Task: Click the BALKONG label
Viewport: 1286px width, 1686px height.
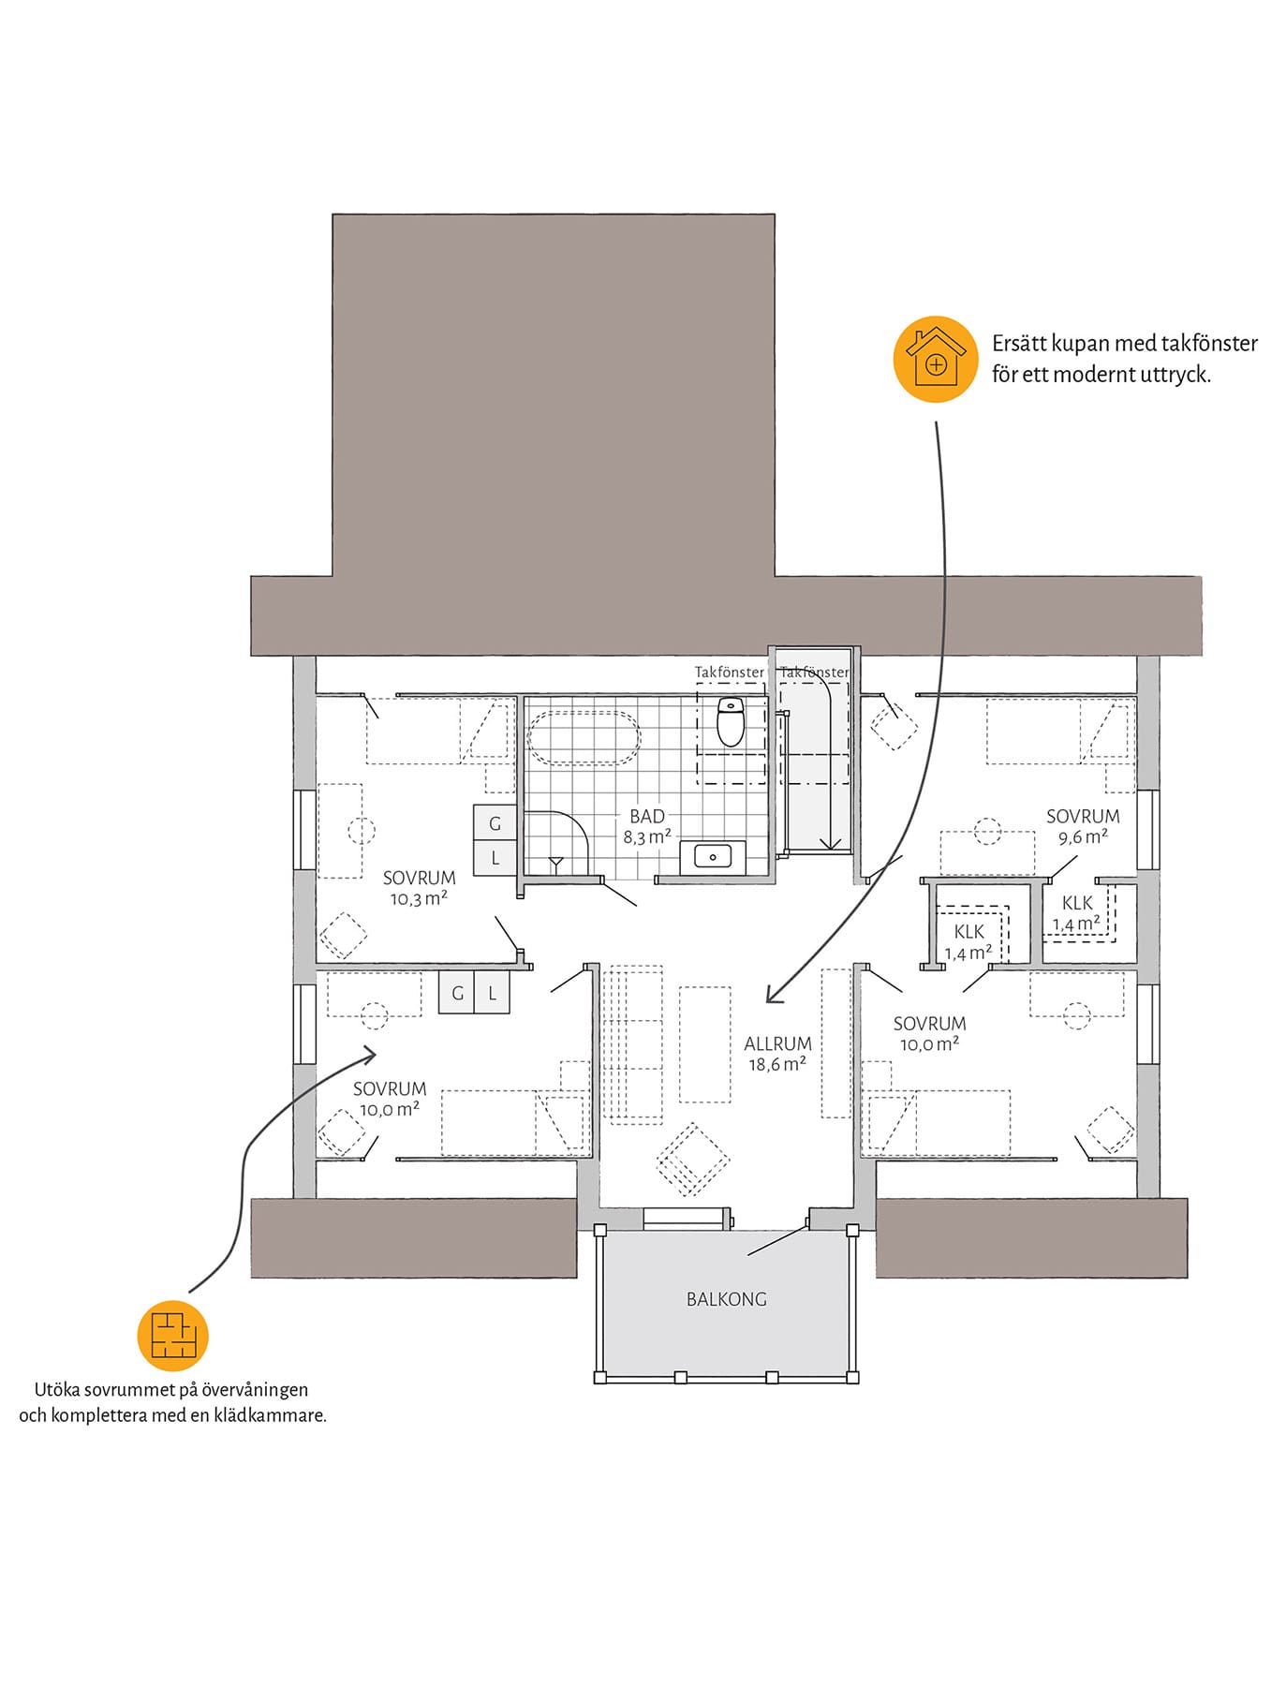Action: coord(726,1299)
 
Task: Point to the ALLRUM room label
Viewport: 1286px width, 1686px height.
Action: coord(777,1043)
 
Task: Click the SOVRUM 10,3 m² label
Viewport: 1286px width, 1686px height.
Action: coord(419,888)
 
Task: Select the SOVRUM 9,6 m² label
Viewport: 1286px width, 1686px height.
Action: coord(1083,826)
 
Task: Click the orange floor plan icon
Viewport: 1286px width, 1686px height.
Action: coord(173,1335)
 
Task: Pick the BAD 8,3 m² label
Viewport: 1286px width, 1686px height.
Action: coord(647,826)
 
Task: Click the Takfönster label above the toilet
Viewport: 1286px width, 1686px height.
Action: coord(730,673)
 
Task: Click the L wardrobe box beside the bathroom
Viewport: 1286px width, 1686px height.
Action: coord(495,858)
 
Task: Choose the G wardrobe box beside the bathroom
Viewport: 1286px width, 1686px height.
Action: coord(495,823)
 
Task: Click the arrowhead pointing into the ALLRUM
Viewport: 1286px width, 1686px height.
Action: coord(772,994)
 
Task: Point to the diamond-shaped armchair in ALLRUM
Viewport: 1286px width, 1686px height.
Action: coord(692,1160)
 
